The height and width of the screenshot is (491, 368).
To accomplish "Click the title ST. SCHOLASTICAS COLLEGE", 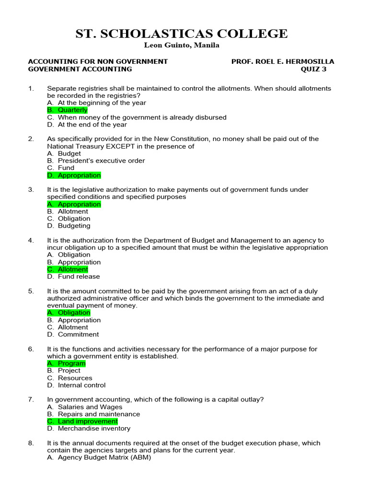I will pyautogui.click(x=182, y=34).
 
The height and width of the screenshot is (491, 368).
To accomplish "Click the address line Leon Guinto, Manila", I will pyautogui.click(x=182, y=46).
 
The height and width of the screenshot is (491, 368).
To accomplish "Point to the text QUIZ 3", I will pyautogui.click(x=313, y=69).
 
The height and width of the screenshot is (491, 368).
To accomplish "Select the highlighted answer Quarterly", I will pyautogui.click(x=72, y=110).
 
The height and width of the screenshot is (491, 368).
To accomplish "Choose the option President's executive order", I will pyautogui.click(x=101, y=161).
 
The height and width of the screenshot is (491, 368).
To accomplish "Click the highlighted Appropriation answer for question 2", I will pyautogui.click(x=79, y=175).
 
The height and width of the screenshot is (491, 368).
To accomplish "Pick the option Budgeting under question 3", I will pyautogui.click(x=74, y=226).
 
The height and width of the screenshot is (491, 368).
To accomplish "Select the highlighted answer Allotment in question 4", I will pyautogui.click(x=73, y=269).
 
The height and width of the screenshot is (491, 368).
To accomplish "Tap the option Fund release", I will pyautogui.click(x=79, y=277).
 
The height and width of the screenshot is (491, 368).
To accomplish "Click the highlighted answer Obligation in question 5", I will pyautogui.click(x=74, y=313).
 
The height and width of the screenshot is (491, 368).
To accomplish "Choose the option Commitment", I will pyautogui.click(x=78, y=334).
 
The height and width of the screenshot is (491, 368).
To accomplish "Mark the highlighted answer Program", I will pyautogui.click(x=71, y=363).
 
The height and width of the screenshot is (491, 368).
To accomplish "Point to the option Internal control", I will pyautogui.click(x=81, y=385).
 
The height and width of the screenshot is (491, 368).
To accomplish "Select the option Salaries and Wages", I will pyautogui.click(x=90, y=407).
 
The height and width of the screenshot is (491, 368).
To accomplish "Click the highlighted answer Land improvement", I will pyautogui.click(x=87, y=421).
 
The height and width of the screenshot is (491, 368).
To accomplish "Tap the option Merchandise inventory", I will pyautogui.click(x=94, y=429).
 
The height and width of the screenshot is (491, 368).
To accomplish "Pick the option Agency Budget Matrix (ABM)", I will pyautogui.click(x=104, y=457).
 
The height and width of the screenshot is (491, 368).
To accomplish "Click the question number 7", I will pyautogui.click(x=31, y=399).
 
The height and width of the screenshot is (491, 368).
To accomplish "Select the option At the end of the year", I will pyautogui.click(x=92, y=125).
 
